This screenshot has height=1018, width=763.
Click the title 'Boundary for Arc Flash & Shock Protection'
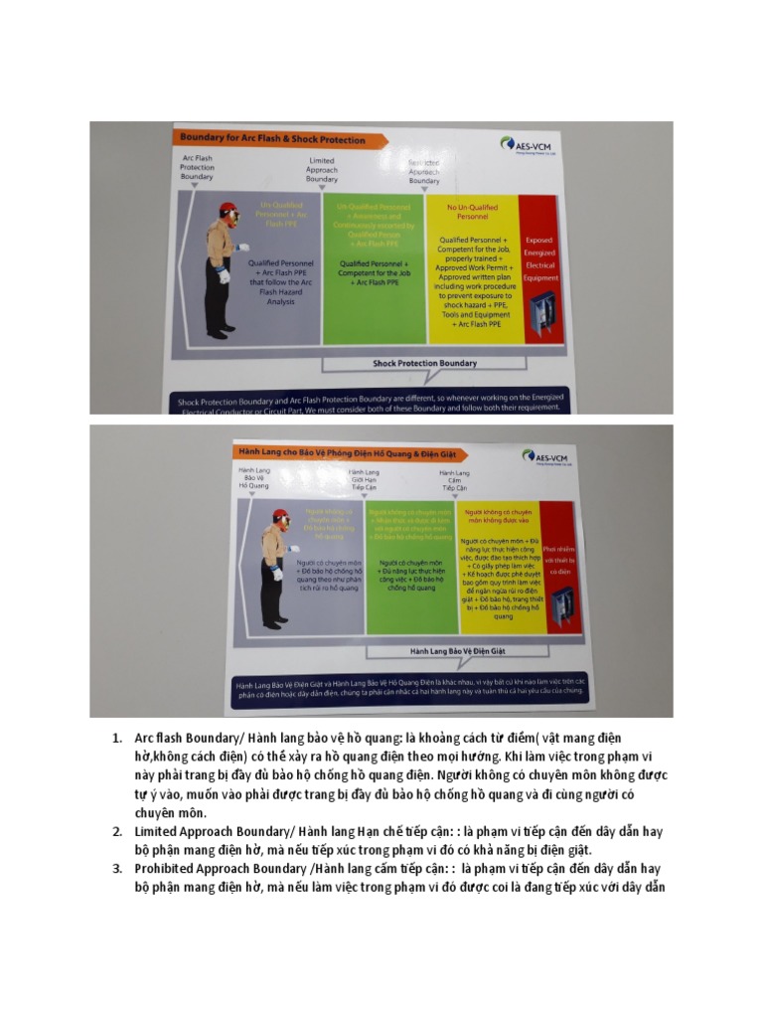pyautogui.click(x=271, y=139)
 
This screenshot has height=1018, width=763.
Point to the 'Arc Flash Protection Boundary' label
pyautogui.click(x=197, y=167)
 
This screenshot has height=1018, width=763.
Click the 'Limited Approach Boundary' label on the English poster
pyautogui.click(x=321, y=170)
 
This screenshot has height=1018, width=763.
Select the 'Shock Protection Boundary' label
pyautogui.click(x=424, y=363)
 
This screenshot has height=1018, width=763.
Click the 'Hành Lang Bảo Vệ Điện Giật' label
pyautogui.click(x=438, y=652)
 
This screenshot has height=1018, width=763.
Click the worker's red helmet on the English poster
pyautogui.click(x=228, y=209)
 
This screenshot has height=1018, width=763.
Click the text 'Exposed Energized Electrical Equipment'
pyautogui.click(x=538, y=258)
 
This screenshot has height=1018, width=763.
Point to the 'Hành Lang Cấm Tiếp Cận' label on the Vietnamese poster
pyautogui.click(x=454, y=480)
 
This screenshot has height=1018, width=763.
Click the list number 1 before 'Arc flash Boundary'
pyautogui.click(x=116, y=738)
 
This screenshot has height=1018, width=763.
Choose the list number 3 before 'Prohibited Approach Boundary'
pyautogui.click(x=116, y=869)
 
